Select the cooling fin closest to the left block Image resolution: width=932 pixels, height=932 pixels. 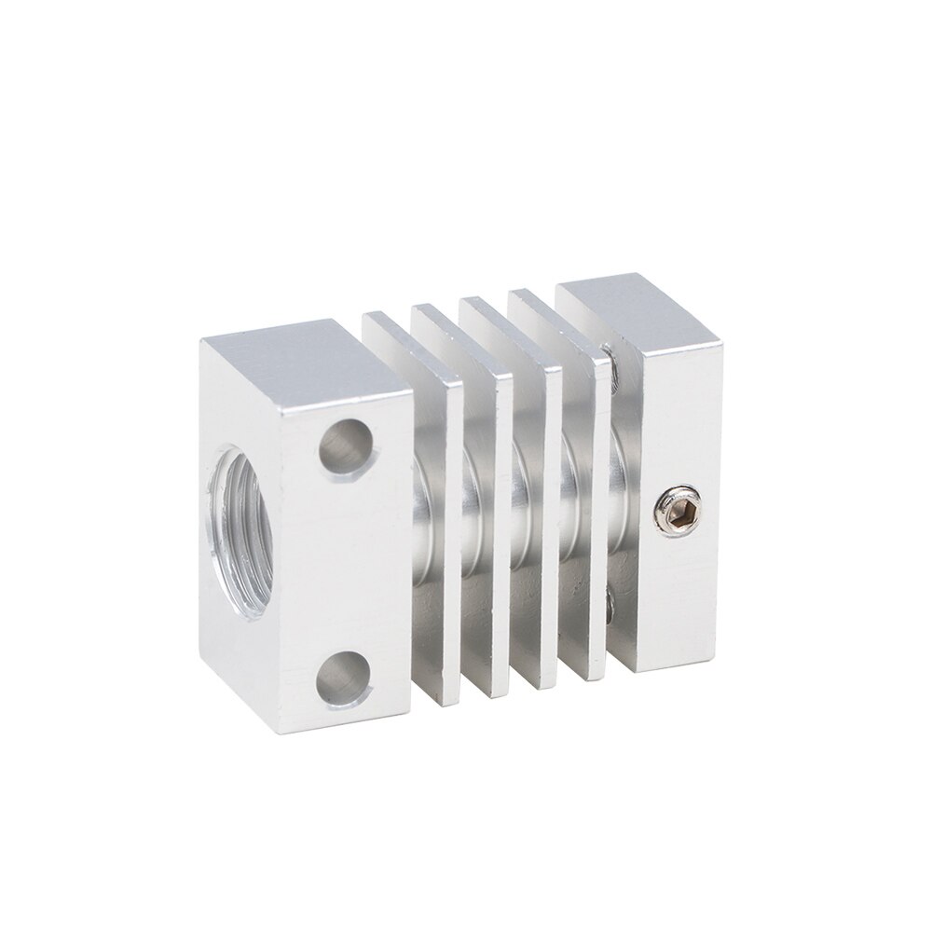click(438, 522)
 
